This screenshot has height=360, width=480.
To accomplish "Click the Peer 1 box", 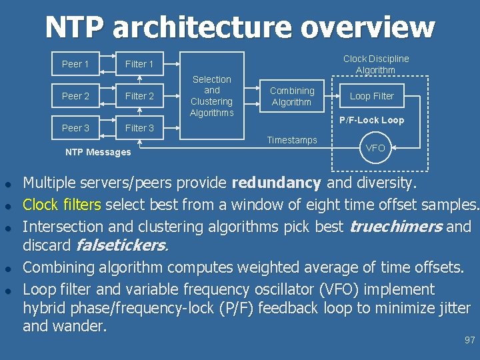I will [75, 64].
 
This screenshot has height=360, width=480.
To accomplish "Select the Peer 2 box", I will [75, 96].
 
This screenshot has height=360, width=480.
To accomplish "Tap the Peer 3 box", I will [75, 128].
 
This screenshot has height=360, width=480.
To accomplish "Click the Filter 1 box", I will [139, 64].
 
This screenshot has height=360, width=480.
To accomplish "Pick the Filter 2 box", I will [139, 96].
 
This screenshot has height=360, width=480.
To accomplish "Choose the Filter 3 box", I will [139, 128].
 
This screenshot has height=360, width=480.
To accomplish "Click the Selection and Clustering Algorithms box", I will [211, 96].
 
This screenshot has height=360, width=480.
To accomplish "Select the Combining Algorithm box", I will [292, 96].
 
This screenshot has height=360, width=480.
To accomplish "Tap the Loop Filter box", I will [372, 96].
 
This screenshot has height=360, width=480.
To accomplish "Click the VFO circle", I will [375, 148].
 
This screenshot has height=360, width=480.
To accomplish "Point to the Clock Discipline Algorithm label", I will [376, 64].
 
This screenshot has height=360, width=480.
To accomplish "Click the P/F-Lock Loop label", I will [371, 121].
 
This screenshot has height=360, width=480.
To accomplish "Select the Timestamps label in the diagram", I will [292, 140].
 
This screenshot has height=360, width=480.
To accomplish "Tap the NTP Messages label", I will [98, 152].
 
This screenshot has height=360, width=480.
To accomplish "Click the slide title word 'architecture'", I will [203, 27].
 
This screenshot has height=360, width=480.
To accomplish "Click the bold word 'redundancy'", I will [276, 183].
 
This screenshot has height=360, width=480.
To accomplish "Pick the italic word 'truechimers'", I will [396, 226].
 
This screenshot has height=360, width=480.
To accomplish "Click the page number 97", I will [469, 340].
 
